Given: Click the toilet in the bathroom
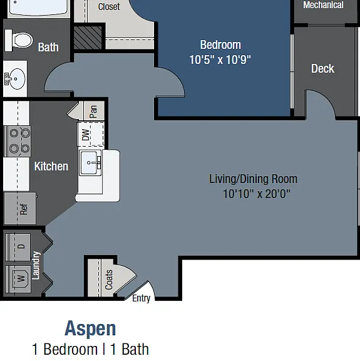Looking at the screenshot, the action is coord(19,40).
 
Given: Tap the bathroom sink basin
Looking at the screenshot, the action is coord(15,79).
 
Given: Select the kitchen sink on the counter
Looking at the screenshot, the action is coord(90,163).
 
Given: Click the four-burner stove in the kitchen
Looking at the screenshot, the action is coord(18,141).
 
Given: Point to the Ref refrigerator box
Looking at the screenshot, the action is coord(20,209).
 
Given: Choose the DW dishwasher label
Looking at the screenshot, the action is coord(85,135).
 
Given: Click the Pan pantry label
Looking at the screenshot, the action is coord(93,112).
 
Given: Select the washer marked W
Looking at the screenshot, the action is coord(18,279).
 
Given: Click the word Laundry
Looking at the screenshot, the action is coord(36,266).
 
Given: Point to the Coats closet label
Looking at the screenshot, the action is coord(108,280).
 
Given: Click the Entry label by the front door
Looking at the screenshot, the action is coord(141,298).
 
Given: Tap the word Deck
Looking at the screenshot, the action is coord(322,68).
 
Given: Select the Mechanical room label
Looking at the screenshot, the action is coord(323,5).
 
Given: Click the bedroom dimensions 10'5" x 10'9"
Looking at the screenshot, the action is coord(220,60).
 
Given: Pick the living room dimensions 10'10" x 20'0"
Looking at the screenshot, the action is coord(257,194).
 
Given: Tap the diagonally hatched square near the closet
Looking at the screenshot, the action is coord(88,38).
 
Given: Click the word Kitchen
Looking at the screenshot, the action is coord(51,166).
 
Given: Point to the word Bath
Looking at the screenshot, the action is coord(48,47).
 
